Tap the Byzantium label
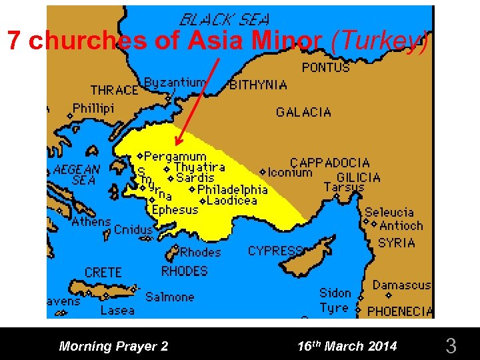point(175,83)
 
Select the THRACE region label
point(114,90)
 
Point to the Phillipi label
point(93,108)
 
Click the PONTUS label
point(325,67)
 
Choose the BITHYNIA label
point(259,85)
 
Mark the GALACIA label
point(303,112)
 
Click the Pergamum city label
point(175,157)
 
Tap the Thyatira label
point(199,167)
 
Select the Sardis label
point(195,178)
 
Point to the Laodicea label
point(232,200)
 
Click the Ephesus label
point(175,210)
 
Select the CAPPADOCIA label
point(329,163)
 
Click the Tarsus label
point(344,187)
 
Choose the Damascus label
point(401,285)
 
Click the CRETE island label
point(103,273)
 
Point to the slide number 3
point(451,346)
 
